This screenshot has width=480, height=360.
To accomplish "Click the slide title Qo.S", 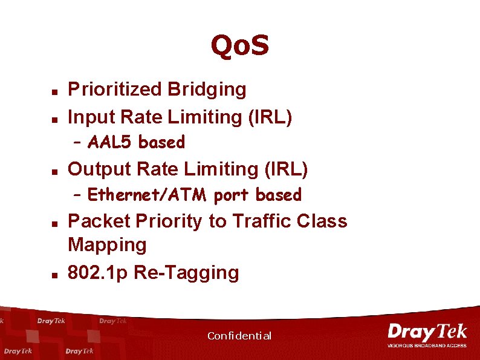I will [239, 45].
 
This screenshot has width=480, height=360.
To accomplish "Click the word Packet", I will [99, 221].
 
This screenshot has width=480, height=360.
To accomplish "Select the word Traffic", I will [261, 221].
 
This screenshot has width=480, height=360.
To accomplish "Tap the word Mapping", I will [107, 244].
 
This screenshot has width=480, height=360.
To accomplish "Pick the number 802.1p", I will [97, 272].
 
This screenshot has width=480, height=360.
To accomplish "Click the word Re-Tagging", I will [186, 272].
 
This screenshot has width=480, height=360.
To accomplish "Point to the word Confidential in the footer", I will [239, 336].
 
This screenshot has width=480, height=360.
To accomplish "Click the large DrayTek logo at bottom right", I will [427, 332].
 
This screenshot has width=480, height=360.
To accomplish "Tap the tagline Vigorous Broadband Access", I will [427, 345].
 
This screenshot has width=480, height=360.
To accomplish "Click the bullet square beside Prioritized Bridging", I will [54, 92].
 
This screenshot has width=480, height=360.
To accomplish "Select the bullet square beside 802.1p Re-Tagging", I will [54, 275].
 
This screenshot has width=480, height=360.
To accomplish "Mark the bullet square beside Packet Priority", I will [54, 223].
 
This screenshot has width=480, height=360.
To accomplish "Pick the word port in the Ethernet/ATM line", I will [232, 195].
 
